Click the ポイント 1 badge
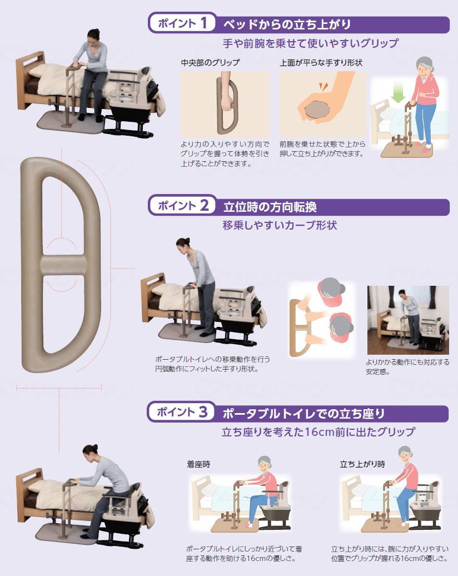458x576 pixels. [x=182, y=23]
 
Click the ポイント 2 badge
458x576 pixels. [x=182, y=206]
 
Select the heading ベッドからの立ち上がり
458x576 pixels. [x=286, y=24]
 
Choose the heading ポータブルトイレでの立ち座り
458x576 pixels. [x=303, y=414]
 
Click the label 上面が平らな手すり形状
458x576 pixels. [x=321, y=63]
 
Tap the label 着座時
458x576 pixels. [x=198, y=463]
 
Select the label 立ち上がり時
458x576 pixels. [x=362, y=463]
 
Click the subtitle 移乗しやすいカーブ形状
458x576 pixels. [x=280, y=226]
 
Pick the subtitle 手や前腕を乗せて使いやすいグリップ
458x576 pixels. [x=311, y=43]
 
